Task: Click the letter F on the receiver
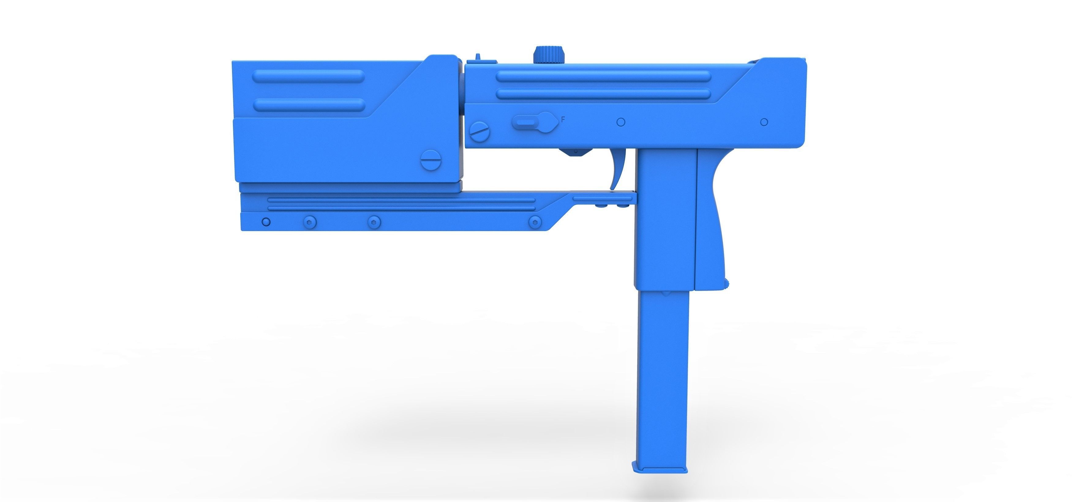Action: click(563, 119)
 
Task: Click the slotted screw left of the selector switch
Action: click(480, 132)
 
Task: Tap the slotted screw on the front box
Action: click(431, 160)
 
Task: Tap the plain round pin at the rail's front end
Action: click(266, 222)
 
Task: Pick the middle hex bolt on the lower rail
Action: click(374, 222)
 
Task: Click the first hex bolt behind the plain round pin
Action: click(310, 222)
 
